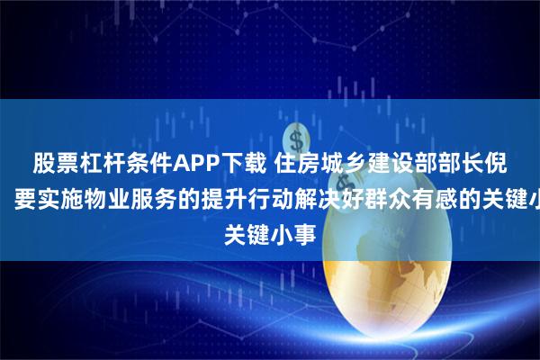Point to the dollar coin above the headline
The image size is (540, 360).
point(294,138)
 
